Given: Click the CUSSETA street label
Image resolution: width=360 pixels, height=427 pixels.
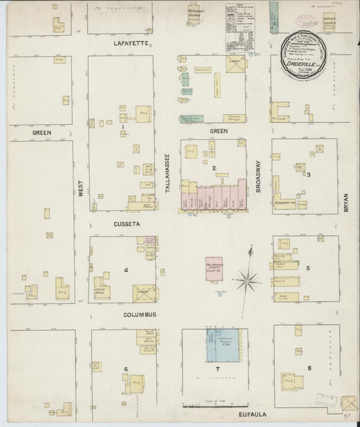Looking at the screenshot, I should pos(127,223).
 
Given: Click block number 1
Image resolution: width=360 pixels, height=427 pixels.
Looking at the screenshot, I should pos(122,126).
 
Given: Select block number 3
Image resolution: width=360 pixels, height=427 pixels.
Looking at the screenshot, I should pos(308,175).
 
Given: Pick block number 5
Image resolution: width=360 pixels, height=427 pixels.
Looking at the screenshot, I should pos(308,268).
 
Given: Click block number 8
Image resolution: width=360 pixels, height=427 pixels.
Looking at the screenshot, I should pos(309,368).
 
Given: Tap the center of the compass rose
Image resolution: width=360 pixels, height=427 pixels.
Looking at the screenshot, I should pos(248,277).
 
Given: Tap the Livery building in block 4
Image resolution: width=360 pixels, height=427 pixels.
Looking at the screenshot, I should pos(143,292).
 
